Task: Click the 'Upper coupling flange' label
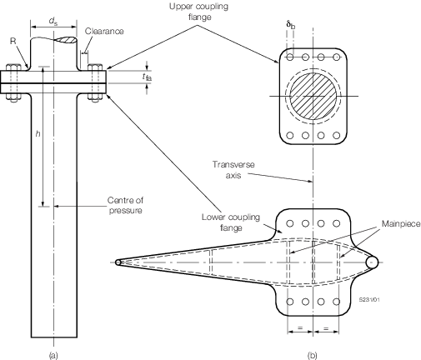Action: click(198, 12)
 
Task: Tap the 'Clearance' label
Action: click(104, 31)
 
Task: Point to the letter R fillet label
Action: click(13, 41)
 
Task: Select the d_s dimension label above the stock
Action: click(53, 22)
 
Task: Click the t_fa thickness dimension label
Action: click(147, 77)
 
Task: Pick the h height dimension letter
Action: click(38, 133)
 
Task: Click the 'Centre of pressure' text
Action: click(126, 205)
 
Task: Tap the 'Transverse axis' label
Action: click(233, 169)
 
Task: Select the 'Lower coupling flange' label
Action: click(231, 222)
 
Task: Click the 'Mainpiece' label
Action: click(401, 223)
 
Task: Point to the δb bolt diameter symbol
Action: click(291, 25)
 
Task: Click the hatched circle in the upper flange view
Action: click(313, 96)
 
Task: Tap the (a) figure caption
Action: click(53, 355)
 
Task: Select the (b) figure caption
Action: click(313, 355)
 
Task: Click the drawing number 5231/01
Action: click(369, 299)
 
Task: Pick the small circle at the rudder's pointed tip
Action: click(118, 262)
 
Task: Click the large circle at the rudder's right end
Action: click(372, 262)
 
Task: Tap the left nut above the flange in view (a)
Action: click(13, 67)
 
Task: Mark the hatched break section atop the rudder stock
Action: click(66, 40)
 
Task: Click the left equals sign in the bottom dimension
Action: click(300, 327)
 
